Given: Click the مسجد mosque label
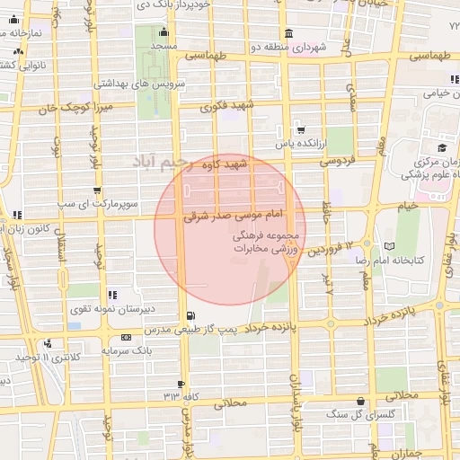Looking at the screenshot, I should (164, 45).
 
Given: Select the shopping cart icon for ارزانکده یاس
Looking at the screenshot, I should (300, 129).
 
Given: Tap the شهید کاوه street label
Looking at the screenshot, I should (225, 165).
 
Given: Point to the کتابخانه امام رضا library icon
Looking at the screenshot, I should (389, 245).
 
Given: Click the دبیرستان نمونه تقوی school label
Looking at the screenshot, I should (114, 308).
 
